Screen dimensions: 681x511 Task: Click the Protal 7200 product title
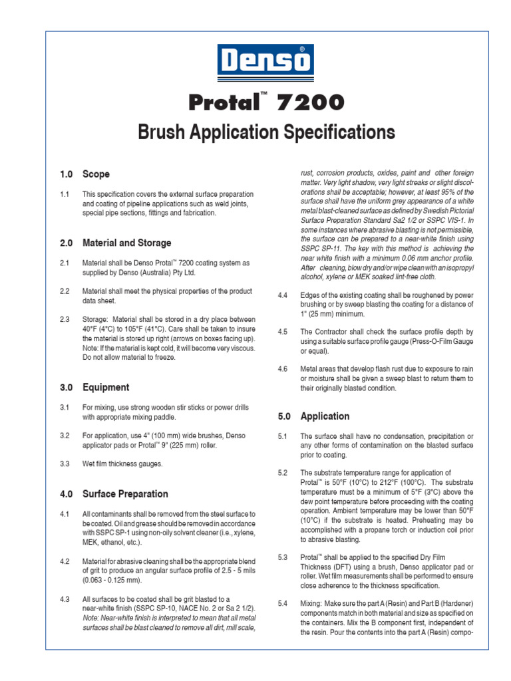pyautogui.click(x=266, y=102)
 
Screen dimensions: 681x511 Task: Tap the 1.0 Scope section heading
pyautogui.click(x=85, y=174)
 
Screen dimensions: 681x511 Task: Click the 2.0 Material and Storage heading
pyautogui.click(x=115, y=243)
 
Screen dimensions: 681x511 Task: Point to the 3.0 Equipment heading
pyautogui.click(x=94, y=387)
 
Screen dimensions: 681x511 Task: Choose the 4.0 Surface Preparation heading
pyautogui.click(x=114, y=494)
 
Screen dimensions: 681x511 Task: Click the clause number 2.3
pyautogui.click(x=65, y=319)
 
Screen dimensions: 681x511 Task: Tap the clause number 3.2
pyautogui.click(x=65, y=436)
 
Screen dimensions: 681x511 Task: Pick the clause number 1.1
pyautogui.click(x=65, y=194)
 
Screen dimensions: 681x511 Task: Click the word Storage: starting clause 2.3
pyautogui.click(x=96, y=319)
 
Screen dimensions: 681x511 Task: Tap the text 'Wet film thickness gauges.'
pyautogui.click(x=124, y=464)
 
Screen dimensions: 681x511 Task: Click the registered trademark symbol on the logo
pyautogui.click(x=304, y=50)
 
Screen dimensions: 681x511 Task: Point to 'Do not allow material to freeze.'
pyautogui.click(x=129, y=357)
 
